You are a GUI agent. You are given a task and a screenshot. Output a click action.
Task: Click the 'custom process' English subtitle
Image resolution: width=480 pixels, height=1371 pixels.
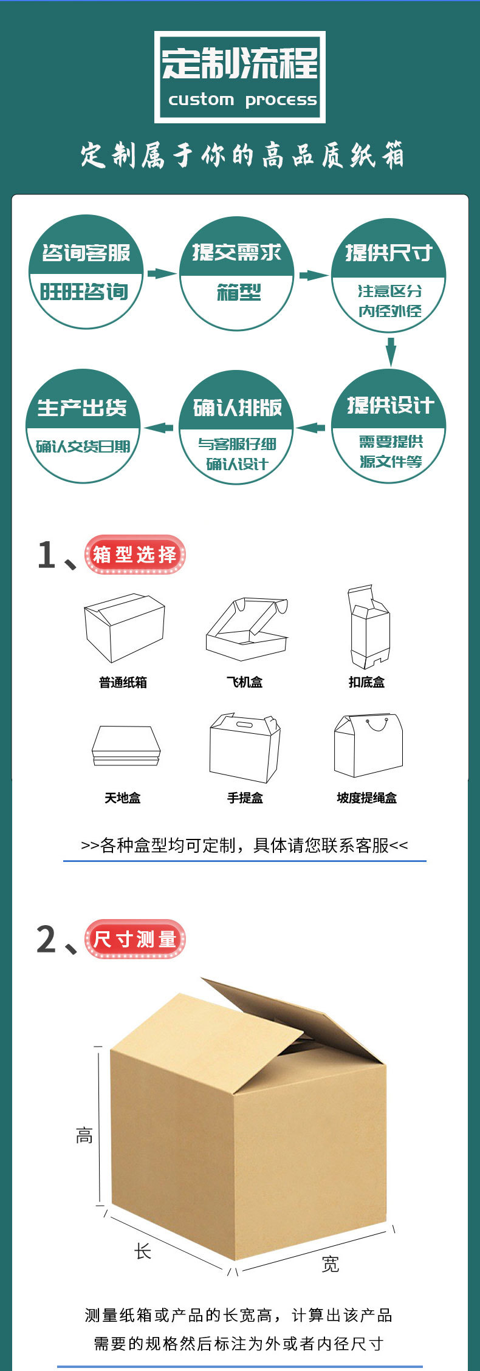[242, 100]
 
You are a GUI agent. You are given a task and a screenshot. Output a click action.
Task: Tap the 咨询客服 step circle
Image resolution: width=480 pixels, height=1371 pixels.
[86, 272]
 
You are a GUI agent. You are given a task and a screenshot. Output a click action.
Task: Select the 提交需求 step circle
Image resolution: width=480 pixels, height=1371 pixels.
[236, 273]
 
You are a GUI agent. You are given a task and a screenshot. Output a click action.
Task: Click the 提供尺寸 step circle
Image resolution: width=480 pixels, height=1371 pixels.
[388, 275]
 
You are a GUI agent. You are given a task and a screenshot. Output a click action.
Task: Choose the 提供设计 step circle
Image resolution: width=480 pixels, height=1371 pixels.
[388, 426]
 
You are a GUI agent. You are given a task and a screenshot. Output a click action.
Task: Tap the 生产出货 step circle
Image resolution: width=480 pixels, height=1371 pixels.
[83, 426]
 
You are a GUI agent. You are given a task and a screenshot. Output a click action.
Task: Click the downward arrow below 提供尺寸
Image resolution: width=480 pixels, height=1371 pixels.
[391, 351]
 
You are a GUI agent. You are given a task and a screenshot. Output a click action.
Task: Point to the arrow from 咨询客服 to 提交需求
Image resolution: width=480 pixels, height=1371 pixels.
[162, 273]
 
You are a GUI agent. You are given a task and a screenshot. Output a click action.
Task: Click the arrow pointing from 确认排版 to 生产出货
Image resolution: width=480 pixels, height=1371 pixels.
[159, 428]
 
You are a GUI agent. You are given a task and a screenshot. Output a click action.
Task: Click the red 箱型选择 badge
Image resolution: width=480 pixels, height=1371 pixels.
[134, 555]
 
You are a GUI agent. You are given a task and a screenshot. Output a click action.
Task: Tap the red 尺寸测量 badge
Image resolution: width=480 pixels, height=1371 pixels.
[134, 939]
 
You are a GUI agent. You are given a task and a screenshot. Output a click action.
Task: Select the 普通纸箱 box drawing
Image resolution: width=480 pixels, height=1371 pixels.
[124, 628]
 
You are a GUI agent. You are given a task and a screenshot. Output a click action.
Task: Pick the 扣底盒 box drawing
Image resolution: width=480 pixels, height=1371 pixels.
[368, 627]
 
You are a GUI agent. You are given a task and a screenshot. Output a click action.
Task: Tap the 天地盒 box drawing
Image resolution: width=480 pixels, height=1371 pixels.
[126, 745]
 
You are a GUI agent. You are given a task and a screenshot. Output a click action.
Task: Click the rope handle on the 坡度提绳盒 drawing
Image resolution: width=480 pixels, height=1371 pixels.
[377, 723]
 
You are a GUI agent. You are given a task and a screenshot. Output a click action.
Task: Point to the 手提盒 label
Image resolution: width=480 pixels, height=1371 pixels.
[245, 798]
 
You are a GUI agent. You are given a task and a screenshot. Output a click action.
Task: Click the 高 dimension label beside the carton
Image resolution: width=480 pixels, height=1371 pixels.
[84, 1135]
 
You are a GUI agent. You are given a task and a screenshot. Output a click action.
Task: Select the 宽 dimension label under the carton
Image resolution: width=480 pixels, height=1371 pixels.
[330, 1265]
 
